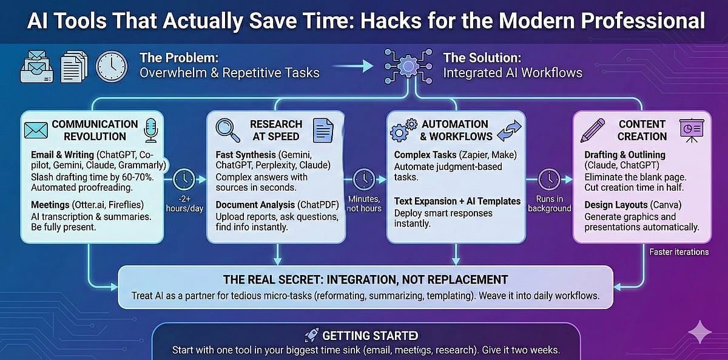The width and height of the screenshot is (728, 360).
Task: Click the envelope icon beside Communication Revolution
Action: pos(36,130)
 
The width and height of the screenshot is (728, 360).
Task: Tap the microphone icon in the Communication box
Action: pos(150,130)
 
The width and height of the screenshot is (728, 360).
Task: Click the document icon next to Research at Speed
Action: pos(323,130)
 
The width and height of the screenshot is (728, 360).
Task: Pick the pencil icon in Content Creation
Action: pos(593,130)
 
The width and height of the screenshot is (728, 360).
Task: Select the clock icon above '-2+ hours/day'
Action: pos(184,180)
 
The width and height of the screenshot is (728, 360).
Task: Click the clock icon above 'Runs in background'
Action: pos(549,180)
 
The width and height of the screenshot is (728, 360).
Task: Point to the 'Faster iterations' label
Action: pos(678,251)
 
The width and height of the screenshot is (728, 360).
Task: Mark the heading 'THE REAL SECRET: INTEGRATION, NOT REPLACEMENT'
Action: pos(365,280)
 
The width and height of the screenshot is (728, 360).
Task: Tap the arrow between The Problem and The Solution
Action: pos(353,66)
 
